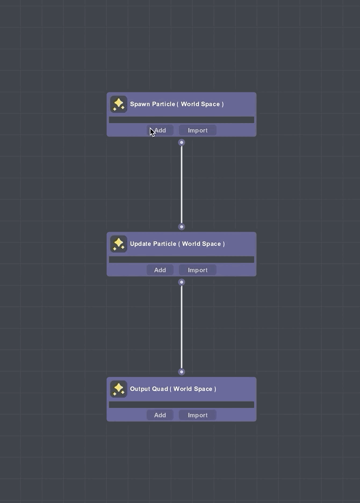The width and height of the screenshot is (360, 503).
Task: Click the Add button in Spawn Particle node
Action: (x=160, y=130)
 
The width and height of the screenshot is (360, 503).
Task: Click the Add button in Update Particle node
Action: (x=160, y=270)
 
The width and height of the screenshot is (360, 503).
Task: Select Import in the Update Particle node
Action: (x=198, y=270)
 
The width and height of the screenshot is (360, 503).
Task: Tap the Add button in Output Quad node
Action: (x=160, y=415)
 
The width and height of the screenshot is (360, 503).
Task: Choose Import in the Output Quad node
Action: (x=198, y=415)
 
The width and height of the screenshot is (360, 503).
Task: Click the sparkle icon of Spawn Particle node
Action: (x=119, y=104)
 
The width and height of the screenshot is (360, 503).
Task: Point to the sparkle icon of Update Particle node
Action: (x=119, y=244)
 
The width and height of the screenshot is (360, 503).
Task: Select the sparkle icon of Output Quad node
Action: (x=119, y=389)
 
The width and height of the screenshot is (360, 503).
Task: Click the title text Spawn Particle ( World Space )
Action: (x=177, y=104)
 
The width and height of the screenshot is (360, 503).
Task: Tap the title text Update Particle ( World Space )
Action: (x=177, y=244)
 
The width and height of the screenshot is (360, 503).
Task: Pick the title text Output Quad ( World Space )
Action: (x=173, y=389)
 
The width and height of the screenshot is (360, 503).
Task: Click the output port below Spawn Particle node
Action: (x=182, y=142)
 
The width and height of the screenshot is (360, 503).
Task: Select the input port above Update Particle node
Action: (x=182, y=227)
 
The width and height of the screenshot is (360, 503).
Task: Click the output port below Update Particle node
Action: (x=182, y=282)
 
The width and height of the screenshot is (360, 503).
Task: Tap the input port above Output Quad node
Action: (x=182, y=372)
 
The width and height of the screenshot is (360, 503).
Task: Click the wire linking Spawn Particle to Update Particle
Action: (x=182, y=184)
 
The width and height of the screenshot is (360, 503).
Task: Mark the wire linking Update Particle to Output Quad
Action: (x=182, y=327)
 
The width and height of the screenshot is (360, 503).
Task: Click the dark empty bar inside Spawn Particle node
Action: (x=182, y=120)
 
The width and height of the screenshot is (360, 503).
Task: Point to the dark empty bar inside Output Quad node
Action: (x=182, y=405)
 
